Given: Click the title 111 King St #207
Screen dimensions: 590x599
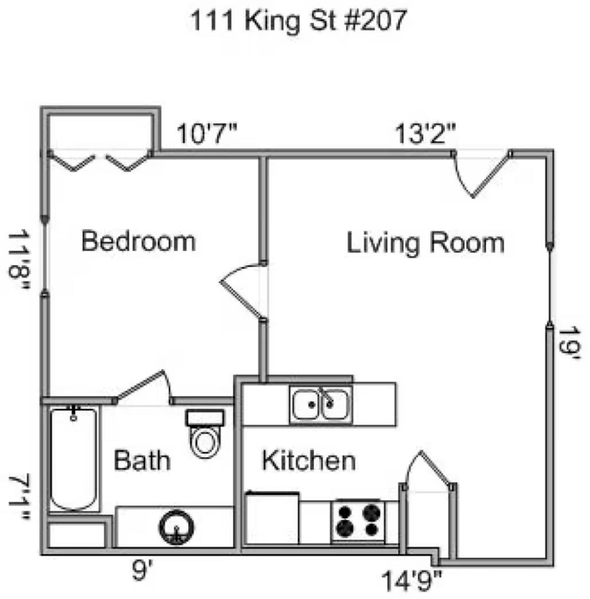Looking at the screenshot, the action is [x=298, y=21].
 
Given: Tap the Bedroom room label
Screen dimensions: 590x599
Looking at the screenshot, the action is [x=139, y=241].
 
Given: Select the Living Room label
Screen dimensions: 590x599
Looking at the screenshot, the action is [x=425, y=243].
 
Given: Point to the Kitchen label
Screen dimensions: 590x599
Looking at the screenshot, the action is [x=309, y=460].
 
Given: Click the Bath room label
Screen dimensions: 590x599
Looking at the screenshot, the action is [x=142, y=460].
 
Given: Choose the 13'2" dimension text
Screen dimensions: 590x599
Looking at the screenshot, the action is [x=425, y=134].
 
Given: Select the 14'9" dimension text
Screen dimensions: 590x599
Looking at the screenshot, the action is [x=411, y=581].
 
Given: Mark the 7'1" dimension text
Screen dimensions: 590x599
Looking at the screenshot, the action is [x=19, y=497].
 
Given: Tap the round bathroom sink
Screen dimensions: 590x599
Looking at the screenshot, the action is [x=176, y=528].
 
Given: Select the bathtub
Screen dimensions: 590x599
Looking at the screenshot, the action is [x=73, y=459].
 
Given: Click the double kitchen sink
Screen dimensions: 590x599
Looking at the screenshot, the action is [x=320, y=405].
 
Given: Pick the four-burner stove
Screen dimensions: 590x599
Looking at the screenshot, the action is [x=358, y=520].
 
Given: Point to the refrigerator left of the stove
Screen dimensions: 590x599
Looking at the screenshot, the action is [x=272, y=518].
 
